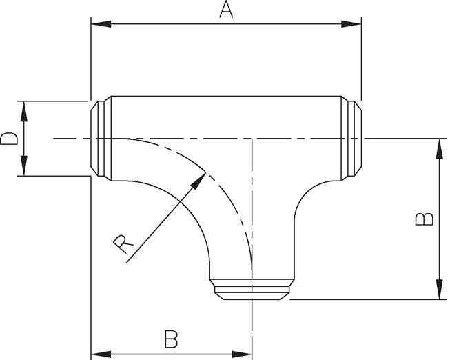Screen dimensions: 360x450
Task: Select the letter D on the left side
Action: pyautogui.click(x=9, y=139)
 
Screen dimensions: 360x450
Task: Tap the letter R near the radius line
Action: pyautogui.click(x=121, y=243)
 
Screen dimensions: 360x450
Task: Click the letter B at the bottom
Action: pyautogui.click(x=172, y=339)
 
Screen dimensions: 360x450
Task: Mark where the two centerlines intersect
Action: pyautogui.click(x=252, y=139)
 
